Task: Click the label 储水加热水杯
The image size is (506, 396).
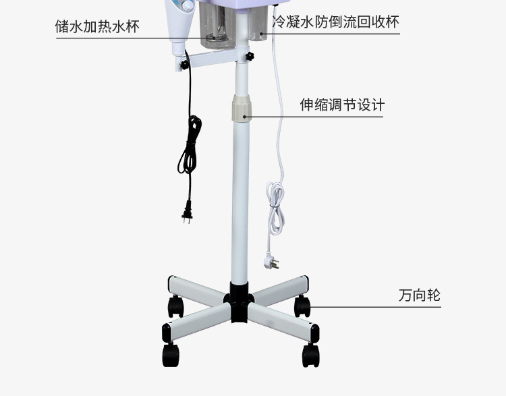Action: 98,27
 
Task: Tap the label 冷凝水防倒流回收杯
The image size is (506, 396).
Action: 335,22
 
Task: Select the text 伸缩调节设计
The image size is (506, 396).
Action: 342,105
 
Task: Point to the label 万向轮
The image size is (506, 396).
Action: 419,295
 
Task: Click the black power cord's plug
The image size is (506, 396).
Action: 186,215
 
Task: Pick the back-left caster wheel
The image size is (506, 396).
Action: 175,307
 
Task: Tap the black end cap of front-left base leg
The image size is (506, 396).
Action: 166,333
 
